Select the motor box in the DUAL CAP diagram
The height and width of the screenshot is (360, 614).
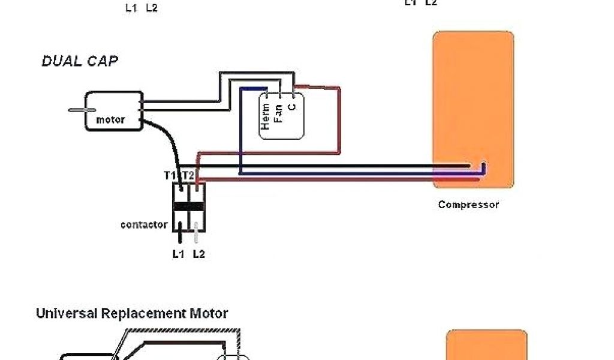pyautogui.click(x=113, y=111)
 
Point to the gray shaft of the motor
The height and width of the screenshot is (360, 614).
pyautogui.click(x=77, y=110)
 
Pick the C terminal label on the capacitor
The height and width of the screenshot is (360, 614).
pyautogui.click(x=291, y=107)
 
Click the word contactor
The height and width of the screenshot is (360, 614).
pyautogui.click(x=144, y=225)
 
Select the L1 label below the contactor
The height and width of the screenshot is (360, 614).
pyautogui.click(x=178, y=254)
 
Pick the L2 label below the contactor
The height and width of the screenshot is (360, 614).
pyautogui.click(x=198, y=254)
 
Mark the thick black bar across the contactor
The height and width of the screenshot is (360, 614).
pyautogui.click(x=189, y=207)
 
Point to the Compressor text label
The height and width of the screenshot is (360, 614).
pyautogui.click(x=468, y=205)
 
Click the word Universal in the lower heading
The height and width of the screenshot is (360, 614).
pyautogui.click(x=67, y=313)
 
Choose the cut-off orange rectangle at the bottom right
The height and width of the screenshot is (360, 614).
pyautogui.click(x=487, y=344)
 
